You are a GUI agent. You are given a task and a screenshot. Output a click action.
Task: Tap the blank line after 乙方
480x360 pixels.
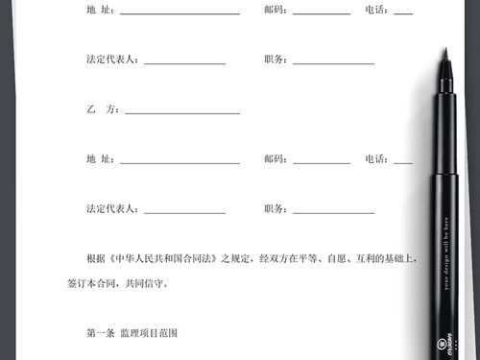[x=181, y=112]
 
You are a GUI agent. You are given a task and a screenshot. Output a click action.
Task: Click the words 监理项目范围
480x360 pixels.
[x=149, y=333]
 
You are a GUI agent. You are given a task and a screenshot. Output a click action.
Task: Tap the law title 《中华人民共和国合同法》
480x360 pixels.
[x=166, y=259]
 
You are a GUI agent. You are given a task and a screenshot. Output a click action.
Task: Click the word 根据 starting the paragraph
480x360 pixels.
[x=95, y=259]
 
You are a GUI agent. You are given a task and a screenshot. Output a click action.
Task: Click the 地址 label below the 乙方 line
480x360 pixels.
[x=100, y=158]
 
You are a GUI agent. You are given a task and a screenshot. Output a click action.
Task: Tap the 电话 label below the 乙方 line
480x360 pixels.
[x=376, y=158]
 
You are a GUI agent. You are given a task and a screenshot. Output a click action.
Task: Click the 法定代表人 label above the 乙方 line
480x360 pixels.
[x=112, y=60]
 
